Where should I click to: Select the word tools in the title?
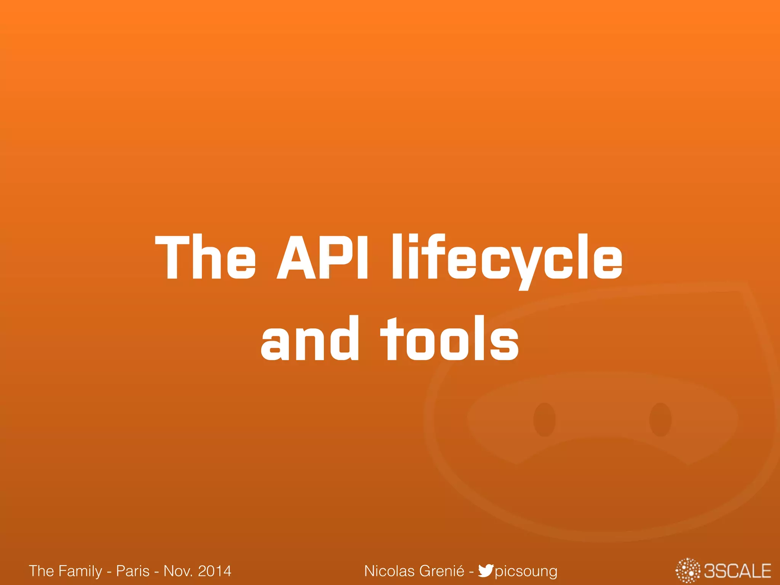click(x=449, y=339)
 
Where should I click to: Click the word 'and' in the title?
click(x=310, y=339)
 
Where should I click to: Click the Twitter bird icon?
click(x=486, y=571)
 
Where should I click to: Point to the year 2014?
click(x=214, y=571)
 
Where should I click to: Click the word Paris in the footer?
click(x=133, y=571)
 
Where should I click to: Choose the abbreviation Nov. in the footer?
click(x=177, y=571)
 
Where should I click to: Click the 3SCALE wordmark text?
click(x=737, y=571)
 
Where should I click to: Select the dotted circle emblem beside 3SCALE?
click(x=688, y=571)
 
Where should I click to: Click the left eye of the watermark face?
click(x=544, y=419)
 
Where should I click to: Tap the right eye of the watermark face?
click(x=660, y=419)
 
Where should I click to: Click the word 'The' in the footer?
click(x=41, y=571)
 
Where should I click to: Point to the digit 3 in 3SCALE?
click(x=710, y=571)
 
